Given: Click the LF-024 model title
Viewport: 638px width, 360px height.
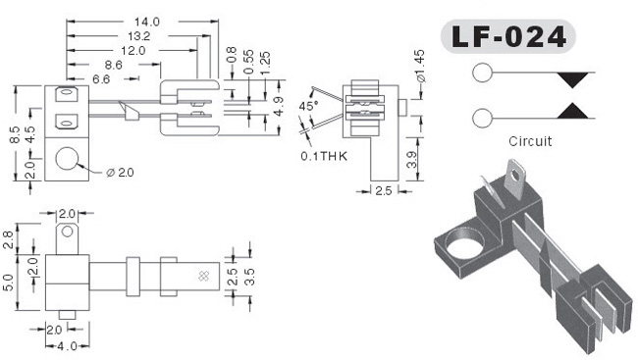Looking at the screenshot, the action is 508,36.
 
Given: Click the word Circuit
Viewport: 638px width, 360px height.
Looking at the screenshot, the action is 530,141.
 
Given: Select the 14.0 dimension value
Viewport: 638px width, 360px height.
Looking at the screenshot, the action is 147,22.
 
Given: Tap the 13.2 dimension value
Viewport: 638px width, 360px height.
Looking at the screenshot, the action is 139,36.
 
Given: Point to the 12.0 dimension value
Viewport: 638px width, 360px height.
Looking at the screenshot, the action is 133,51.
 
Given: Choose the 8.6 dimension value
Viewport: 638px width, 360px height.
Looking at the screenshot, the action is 114,65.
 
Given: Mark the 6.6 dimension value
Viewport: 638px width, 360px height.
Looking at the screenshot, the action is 101,78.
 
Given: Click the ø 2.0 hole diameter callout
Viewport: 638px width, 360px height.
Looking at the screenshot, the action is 120,173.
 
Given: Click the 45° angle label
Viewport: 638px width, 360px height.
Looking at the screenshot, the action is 308,106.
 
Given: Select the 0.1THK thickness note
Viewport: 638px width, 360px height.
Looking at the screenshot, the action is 324,156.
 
